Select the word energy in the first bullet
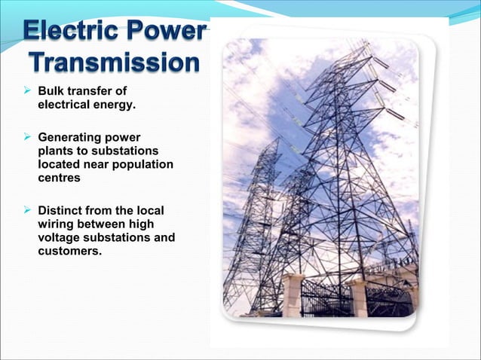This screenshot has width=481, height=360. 116,105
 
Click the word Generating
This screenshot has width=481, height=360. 69,139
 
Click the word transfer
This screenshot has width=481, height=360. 93,92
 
